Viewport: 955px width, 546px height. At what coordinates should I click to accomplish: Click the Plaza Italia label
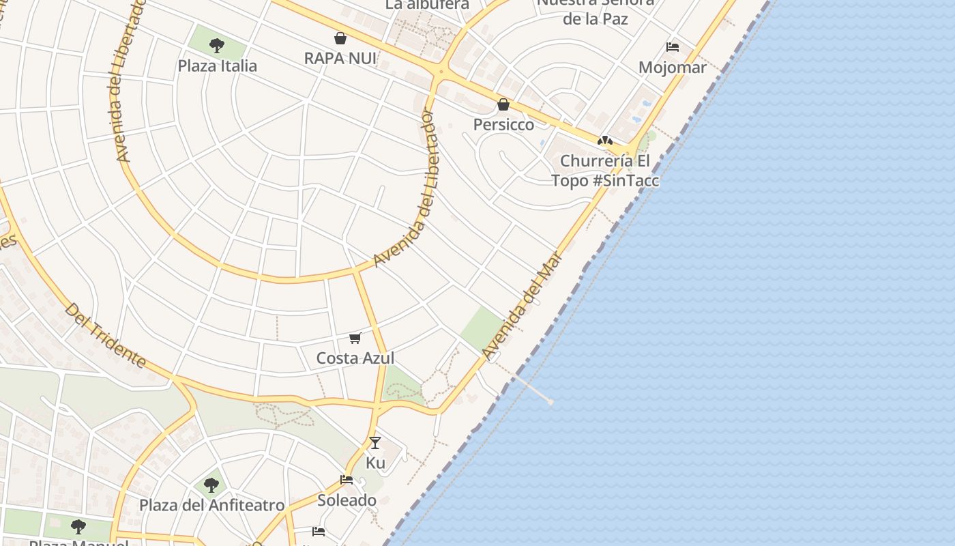tap(217, 66)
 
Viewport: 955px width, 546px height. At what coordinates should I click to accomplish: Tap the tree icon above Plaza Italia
tap(217, 46)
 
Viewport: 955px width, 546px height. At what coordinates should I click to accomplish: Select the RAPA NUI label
tap(340, 59)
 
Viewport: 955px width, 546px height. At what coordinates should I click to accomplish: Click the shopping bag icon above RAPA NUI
tap(340, 38)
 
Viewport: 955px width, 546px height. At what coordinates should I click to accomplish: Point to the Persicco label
tap(503, 125)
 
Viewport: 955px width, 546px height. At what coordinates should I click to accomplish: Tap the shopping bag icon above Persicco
tap(503, 104)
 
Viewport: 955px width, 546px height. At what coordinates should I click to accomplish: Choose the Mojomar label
tap(672, 68)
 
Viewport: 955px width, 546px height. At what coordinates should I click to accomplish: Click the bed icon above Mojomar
tap(673, 47)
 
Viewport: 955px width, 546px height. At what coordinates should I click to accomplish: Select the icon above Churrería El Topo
tap(604, 141)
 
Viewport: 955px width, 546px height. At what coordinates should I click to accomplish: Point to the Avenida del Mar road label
tap(522, 305)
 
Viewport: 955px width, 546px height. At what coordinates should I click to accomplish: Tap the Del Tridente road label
tap(106, 335)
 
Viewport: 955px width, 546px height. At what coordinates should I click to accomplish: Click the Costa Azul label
tap(355, 358)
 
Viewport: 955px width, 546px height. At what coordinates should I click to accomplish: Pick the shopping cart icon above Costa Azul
tap(355, 338)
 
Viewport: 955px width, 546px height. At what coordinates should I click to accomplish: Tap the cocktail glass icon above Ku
tap(375, 442)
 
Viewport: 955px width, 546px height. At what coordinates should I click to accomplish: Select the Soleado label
tap(347, 500)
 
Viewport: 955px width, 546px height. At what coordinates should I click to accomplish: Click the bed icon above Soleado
tap(347, 480)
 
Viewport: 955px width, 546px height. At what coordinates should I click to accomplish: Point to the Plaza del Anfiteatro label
tap(211, 506)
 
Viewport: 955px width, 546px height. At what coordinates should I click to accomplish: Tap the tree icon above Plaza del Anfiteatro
tap(211, 485)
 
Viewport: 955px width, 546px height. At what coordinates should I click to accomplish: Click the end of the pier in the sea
tap(550, 402)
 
